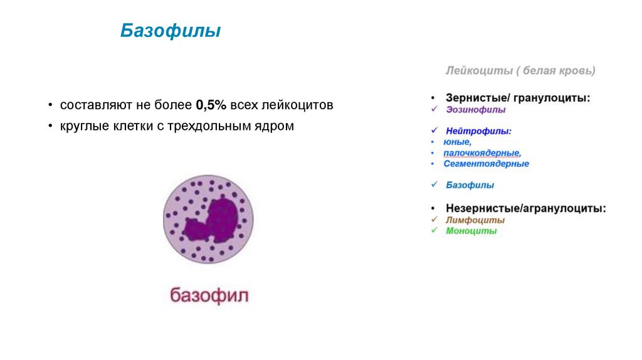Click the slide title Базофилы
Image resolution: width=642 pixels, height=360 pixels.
tap(170, 31)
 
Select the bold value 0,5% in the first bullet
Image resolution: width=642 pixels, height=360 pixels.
tap(211, 105)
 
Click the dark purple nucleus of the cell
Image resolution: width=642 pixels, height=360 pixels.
tap(213, 220)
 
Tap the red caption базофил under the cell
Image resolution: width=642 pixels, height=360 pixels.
tap(209, 295)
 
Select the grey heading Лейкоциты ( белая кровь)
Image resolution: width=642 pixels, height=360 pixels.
tap(520, 71)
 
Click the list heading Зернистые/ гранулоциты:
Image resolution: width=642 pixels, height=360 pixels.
tap(518, 98)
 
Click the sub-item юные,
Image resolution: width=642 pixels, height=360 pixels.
tap(457, 142)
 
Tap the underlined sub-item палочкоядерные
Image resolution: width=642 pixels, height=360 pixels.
tap(481, 153)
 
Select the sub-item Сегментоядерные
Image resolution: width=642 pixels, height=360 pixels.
tap(486, 164)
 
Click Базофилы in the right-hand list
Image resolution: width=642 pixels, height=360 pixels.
tap(470, 185)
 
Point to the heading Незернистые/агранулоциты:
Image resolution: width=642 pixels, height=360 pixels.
tap(525, 208)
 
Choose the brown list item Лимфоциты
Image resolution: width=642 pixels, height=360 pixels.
tap(475, 220)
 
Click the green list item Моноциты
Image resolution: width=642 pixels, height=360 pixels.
tap(471, 231)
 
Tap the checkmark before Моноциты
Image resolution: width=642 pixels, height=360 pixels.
tap(433, 231)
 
